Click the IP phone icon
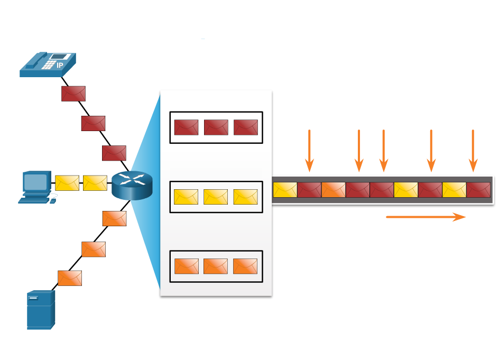coord(48,64)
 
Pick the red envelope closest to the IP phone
coord(73,94)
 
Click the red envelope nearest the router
coord(114,153)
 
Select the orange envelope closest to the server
coord(70,278)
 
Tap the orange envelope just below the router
coord(114,218)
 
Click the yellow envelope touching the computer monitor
coord(67,183)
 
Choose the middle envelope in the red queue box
coord(216,127)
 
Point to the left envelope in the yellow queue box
coord(186,197)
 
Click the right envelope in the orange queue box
coord(245,266)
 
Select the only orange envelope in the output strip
coord(333,190)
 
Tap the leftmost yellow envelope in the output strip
coord(285,190)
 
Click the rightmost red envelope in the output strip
coord(478,190)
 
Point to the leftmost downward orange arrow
coord(309,151)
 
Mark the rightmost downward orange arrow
coord(473,151)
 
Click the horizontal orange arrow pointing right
coord(426,217)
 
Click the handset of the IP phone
coord(34,61)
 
